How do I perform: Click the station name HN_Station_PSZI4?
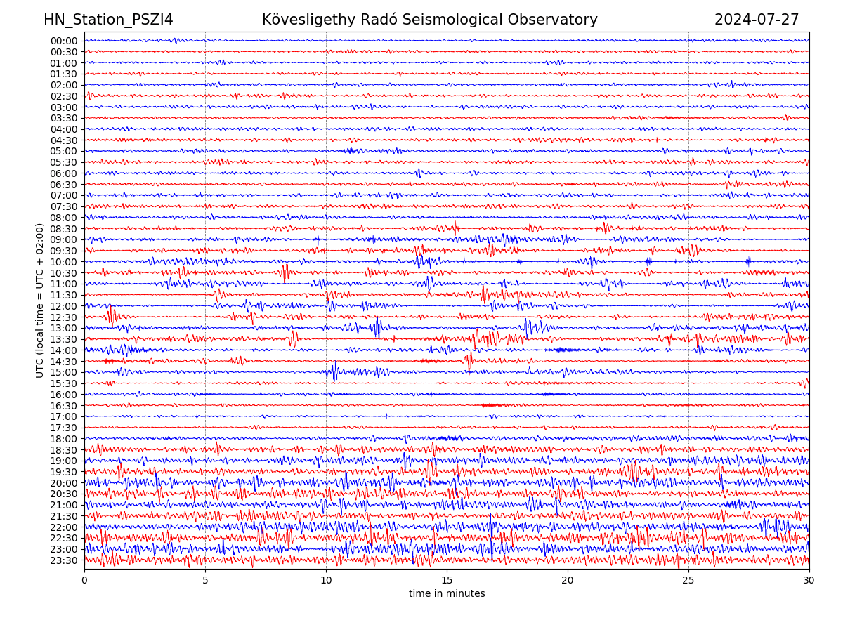[108, 20]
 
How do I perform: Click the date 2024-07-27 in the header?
[757, 20]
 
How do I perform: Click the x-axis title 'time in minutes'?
[447, 594]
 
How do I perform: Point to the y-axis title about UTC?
[40, 300]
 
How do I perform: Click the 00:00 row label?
[64, 41]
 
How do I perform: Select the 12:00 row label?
[64, 306]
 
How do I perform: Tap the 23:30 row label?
[64, 560]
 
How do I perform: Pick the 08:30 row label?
[64, 229]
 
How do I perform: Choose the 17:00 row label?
[64, 416]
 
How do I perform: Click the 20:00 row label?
[64, 483]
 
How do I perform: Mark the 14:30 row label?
[64, 362]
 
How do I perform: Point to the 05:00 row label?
[64, 151]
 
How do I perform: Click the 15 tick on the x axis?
[447, 581]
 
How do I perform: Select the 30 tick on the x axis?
[809, 581]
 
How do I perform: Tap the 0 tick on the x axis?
[84, 581]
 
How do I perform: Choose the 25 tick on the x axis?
[688, 581]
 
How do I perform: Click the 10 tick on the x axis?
[326, 581]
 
